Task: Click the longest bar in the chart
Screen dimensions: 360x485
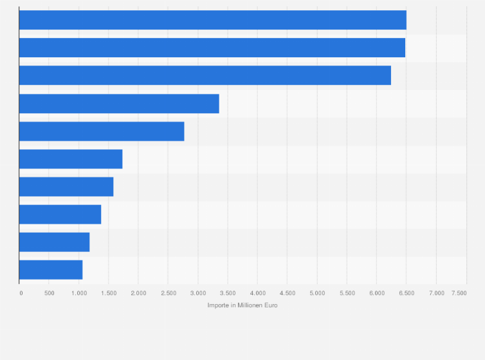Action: click(x=212, y=20)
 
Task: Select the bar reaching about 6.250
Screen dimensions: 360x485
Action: click(x=205, y=75)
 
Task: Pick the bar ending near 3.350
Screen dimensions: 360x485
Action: click(x=119, y=104)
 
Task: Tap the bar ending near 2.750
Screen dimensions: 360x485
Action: click(x=102, y=131)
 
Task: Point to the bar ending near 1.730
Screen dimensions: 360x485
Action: click(x=71, y=159)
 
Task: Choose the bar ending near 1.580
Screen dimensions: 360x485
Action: click(x=66, y=186)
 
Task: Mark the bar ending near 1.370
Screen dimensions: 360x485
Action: click(x=60, y=214)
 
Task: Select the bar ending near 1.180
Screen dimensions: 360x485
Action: click(x=54, y=242)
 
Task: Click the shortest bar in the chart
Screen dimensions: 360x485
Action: click(x=51, y=269)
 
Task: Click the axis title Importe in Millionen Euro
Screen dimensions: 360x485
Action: click(x=243, y=305)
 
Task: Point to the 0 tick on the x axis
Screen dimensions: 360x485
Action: click(x=21, y=293)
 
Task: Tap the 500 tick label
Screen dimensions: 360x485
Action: click(x=49, y=293)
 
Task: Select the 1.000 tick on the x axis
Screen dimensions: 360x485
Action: click(x=78, y=293)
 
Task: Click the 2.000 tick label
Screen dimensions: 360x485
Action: click(x=138, y=293)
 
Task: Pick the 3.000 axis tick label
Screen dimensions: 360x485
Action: click(x=197, y=293)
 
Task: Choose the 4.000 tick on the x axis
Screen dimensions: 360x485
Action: click(x=257, y=293)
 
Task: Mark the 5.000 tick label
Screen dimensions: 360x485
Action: click(x=316, y=293)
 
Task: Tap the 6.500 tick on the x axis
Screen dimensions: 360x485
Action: click(x=406, y=293)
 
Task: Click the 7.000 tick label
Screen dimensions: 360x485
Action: click(x=436, y=293)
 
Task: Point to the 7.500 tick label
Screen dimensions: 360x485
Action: click(x=459, y=293)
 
